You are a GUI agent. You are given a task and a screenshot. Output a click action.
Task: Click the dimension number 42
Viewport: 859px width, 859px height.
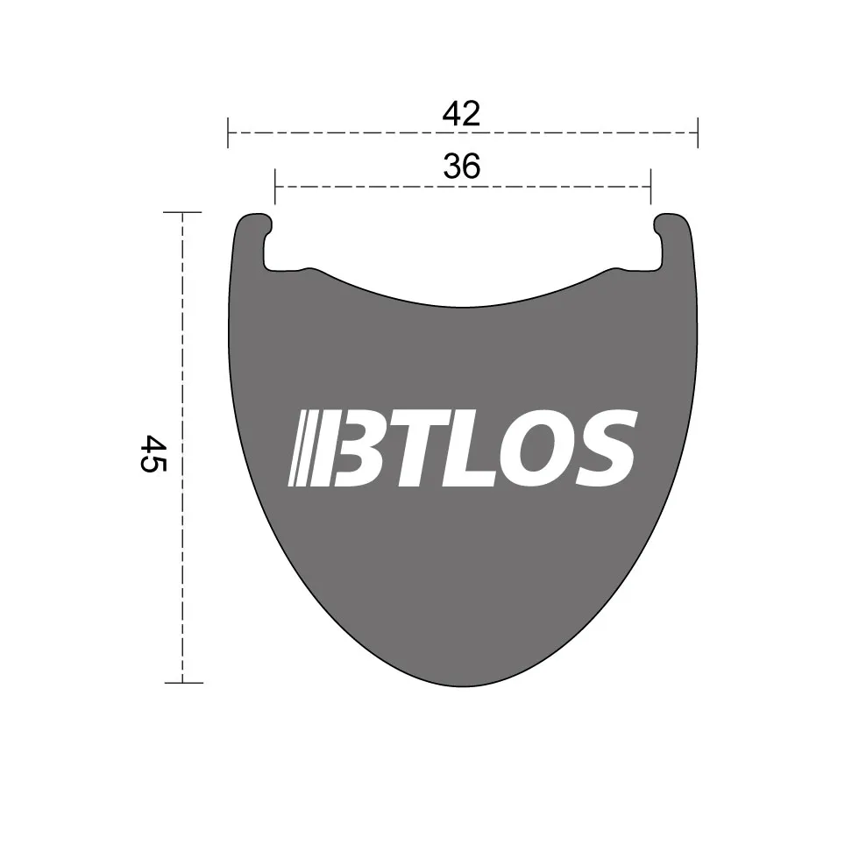click(461, 113)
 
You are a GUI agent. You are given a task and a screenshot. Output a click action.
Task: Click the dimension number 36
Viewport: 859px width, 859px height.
click(462, 166)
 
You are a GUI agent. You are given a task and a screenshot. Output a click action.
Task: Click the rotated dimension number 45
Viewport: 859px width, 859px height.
click(153, 454)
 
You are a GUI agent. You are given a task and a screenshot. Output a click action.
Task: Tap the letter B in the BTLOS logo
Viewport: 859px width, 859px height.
click(360, 448)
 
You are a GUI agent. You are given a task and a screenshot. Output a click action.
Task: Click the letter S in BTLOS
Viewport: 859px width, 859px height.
click(606, 448)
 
